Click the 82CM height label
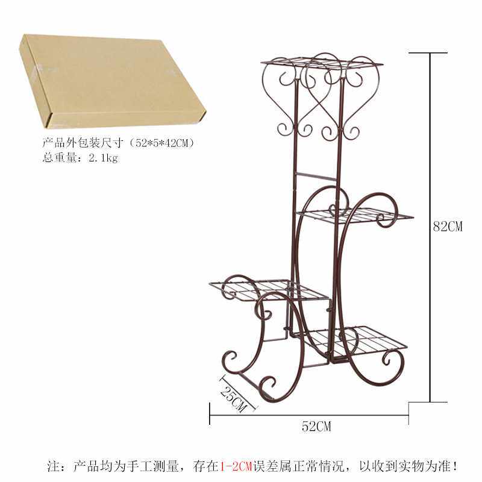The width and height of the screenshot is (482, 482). coord(448,227)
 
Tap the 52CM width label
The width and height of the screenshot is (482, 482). coord(316,427)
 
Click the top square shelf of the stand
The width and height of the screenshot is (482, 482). coord(323,63)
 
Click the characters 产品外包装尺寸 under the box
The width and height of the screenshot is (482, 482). coord(82,144)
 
